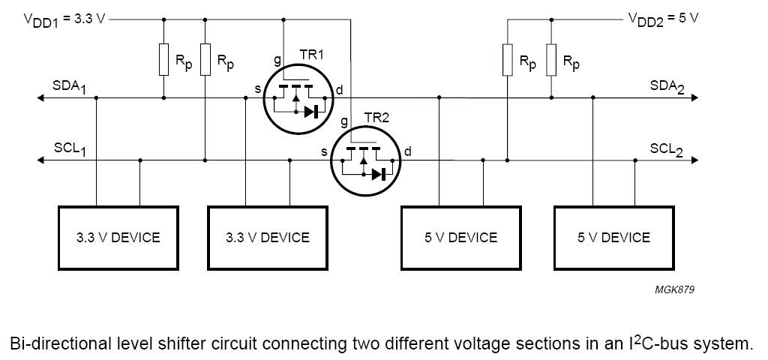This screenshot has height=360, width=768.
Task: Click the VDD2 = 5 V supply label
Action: point(663,19)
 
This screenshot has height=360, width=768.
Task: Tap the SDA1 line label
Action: point(69,87)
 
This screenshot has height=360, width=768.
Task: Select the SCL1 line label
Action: point(69,149)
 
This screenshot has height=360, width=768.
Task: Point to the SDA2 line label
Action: point(667,87)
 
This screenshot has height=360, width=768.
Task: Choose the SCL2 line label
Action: point(667,149)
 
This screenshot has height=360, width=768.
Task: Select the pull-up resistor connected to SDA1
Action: point(163,60)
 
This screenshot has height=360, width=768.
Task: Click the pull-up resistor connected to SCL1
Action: point(205,60)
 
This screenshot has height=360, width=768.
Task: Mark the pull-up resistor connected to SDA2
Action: point(551,60)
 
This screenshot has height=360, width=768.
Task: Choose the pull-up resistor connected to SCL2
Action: point(508,60)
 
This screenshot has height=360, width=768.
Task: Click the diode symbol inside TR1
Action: point(310,112)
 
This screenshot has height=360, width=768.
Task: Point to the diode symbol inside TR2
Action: point(377,174)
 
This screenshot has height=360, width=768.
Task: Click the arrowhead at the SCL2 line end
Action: point(696,160)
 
